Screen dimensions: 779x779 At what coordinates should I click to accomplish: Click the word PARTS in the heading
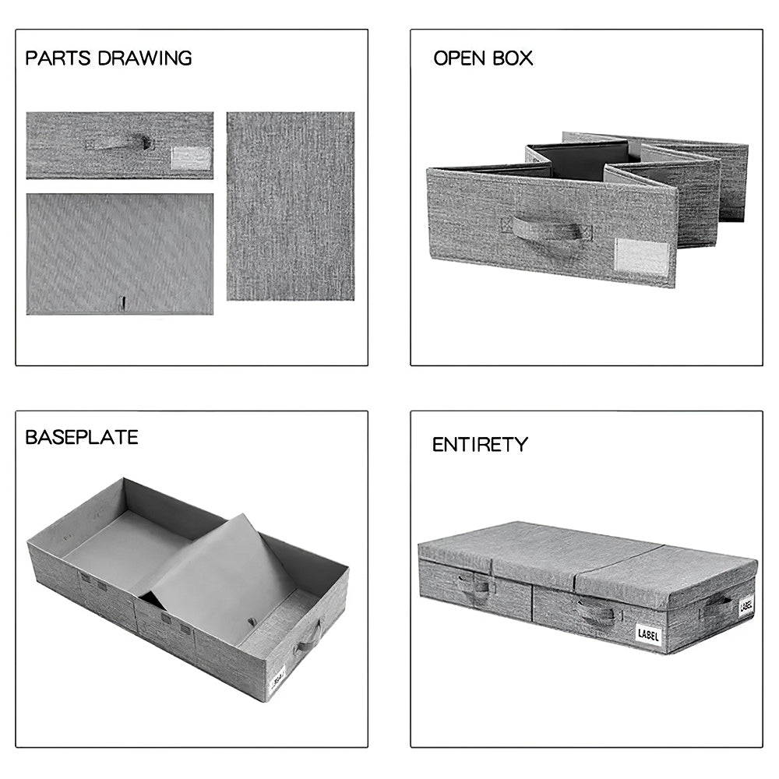(x=58, y=58)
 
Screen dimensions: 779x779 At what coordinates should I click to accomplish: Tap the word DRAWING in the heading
(x=145, y=58)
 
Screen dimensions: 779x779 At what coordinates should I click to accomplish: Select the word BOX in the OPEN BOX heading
(x=513, y=58)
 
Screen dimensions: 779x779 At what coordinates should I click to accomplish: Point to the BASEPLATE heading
(x=82, y=437)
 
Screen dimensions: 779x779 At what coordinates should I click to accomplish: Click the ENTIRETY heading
(x=480, y=444)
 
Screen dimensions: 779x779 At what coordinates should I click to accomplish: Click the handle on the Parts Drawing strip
(x=119, y=143)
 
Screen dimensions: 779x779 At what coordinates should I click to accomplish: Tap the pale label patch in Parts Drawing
(x=192, y=158)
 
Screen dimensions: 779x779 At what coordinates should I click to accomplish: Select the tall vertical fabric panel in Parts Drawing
(x=291, y=206)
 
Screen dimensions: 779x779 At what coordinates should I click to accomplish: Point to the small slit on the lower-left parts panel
(x=123, y=303)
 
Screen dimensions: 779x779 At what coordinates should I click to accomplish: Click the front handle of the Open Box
(x=547, y=228)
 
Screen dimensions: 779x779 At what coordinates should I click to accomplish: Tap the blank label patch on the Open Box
(x=643, y=257)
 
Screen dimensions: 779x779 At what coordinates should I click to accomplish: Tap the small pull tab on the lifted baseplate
(x=252, y=622)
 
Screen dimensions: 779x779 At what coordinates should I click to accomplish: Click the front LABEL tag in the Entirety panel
(x=648, y=635)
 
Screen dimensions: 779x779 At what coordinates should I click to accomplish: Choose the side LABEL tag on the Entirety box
(x=746, y=605)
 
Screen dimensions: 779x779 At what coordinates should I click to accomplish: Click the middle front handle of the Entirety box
(x=596, y=613)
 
